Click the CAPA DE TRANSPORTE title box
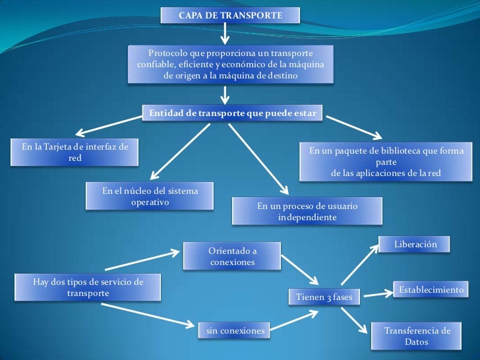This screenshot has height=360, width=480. pyautogui.click(x=230, y=15)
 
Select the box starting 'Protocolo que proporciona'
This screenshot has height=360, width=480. pyautogui.click(x=231, y=65)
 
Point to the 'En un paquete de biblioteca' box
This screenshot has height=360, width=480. pyautogui.click(x=386, y=162)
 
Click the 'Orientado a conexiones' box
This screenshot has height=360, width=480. pyautogui.click(x=232, y=256)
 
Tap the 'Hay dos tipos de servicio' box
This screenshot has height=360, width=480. pyautogui.click(x=88, y=287)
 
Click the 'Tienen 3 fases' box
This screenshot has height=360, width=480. pyautogui.click(x=324, y=297)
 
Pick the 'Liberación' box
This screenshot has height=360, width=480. pyautogui.click(x=415, y=244)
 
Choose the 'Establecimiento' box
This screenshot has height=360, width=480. pyautogui.click(x=431, y=289)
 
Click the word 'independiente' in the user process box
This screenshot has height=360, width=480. pyautogui.click(x=307, y=217)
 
